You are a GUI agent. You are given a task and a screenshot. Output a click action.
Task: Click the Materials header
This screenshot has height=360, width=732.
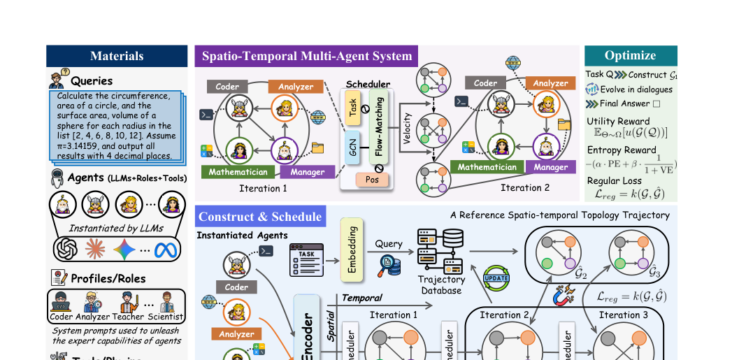(117, 56)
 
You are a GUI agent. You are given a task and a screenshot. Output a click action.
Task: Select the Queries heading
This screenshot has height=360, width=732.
(91, 80)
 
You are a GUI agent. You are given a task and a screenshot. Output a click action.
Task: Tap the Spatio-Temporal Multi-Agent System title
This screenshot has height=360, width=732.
(307, 56)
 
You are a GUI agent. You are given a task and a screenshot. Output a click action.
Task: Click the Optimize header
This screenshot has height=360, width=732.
(630, 55)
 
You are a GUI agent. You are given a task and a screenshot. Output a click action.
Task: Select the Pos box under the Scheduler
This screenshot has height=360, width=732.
(372, 180)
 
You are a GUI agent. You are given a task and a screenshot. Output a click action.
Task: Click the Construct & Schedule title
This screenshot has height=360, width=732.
(260, 217)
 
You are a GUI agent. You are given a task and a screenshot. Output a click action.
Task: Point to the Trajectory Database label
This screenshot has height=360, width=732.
(440, 285)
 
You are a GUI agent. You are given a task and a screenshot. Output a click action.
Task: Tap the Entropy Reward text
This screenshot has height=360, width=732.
(622, 150)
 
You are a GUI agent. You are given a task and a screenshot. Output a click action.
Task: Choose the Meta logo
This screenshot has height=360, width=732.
(166, 248)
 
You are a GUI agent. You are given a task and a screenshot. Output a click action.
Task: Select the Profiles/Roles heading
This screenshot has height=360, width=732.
(108, 278)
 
